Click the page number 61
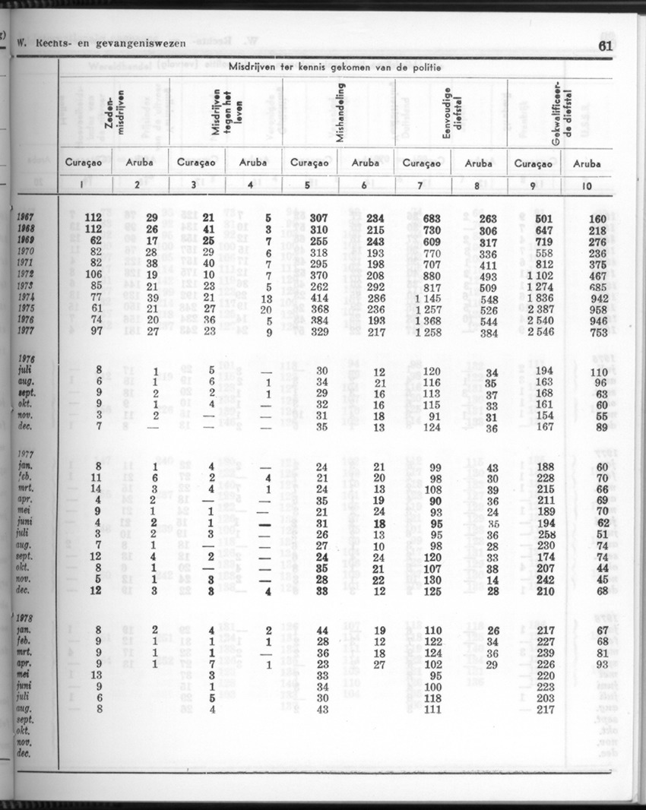[605, 46]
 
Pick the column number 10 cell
[586, 185]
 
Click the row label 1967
[29, 218]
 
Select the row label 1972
[29, 275]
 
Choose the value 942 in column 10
[601, 298]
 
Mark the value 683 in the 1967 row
[432, 218]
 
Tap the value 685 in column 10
[601, 287]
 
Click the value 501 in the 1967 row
[544, 218]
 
